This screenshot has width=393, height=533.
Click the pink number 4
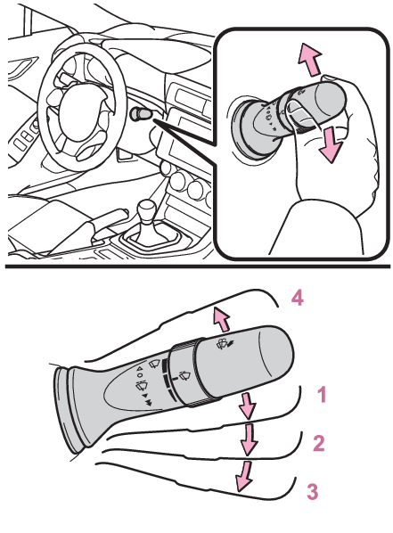(297, 299)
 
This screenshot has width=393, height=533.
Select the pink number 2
(319, 443)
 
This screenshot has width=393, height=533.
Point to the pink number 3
(313, 491)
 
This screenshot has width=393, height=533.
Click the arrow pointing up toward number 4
(221, 319)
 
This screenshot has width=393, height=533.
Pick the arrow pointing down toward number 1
(248, 406)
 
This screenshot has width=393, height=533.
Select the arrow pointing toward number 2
(249, 439)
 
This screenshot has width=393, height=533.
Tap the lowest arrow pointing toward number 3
(244, 476)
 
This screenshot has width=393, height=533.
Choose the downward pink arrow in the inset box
(330, 144)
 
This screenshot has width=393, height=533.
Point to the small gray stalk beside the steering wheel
(140, 113)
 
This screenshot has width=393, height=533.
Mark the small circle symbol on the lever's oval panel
(140, 375)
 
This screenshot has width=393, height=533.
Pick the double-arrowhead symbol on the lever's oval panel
(149, 403)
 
